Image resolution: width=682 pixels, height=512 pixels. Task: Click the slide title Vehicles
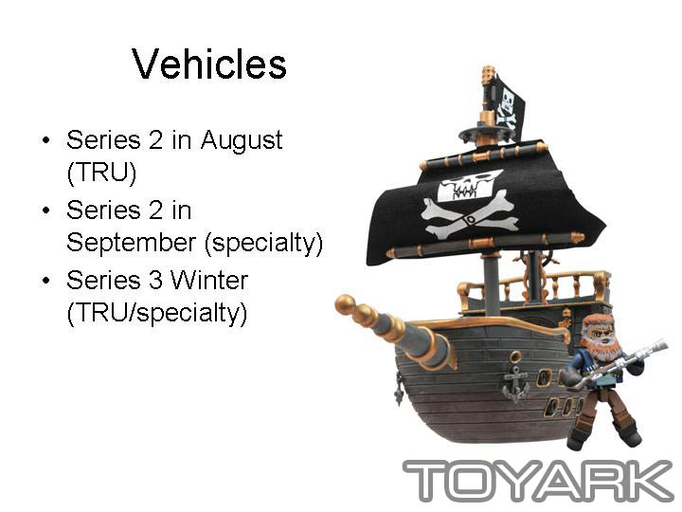[209, 64]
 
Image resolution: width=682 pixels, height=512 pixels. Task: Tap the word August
[242, 141]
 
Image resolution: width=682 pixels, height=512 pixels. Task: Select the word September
[132, 243]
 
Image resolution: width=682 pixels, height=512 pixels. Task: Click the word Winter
[209, 280]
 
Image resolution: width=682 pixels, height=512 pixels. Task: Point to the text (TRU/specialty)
[157, 313]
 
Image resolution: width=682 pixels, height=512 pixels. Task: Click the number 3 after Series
[155, 280]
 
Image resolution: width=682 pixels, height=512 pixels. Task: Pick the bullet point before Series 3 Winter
[46, 281]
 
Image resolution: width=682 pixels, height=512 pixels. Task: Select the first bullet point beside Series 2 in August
[46, 140]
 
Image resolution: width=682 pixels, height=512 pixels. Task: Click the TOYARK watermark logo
[538, 480]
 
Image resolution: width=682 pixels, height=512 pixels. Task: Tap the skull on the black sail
[467, 186]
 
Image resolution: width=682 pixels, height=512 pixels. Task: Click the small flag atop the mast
[509, 106]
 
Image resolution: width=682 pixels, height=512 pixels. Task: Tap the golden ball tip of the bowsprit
[345, 303]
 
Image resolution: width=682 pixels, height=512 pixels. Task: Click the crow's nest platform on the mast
[485, 133]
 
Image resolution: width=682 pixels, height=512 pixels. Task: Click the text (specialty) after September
[263, 243]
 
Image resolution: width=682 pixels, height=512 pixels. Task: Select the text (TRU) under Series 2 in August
[101, 173]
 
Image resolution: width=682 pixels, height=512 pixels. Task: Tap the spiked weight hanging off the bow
[400, 394]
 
